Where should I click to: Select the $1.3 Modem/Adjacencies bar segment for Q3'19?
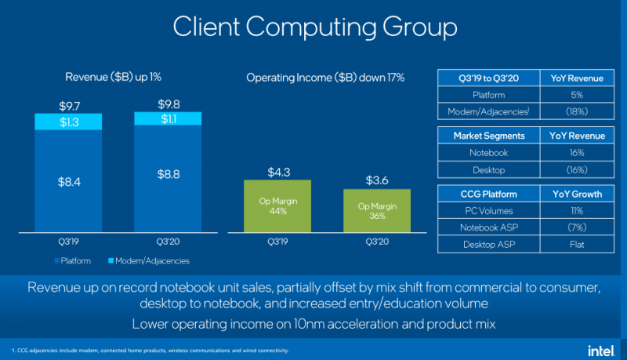68,122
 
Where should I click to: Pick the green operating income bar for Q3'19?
277,205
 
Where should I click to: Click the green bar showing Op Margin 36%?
378,210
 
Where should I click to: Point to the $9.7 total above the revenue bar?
68,105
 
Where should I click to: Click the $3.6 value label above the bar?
378,180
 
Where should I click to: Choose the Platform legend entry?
74,260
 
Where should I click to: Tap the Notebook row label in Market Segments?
489,153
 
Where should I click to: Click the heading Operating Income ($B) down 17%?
325,78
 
